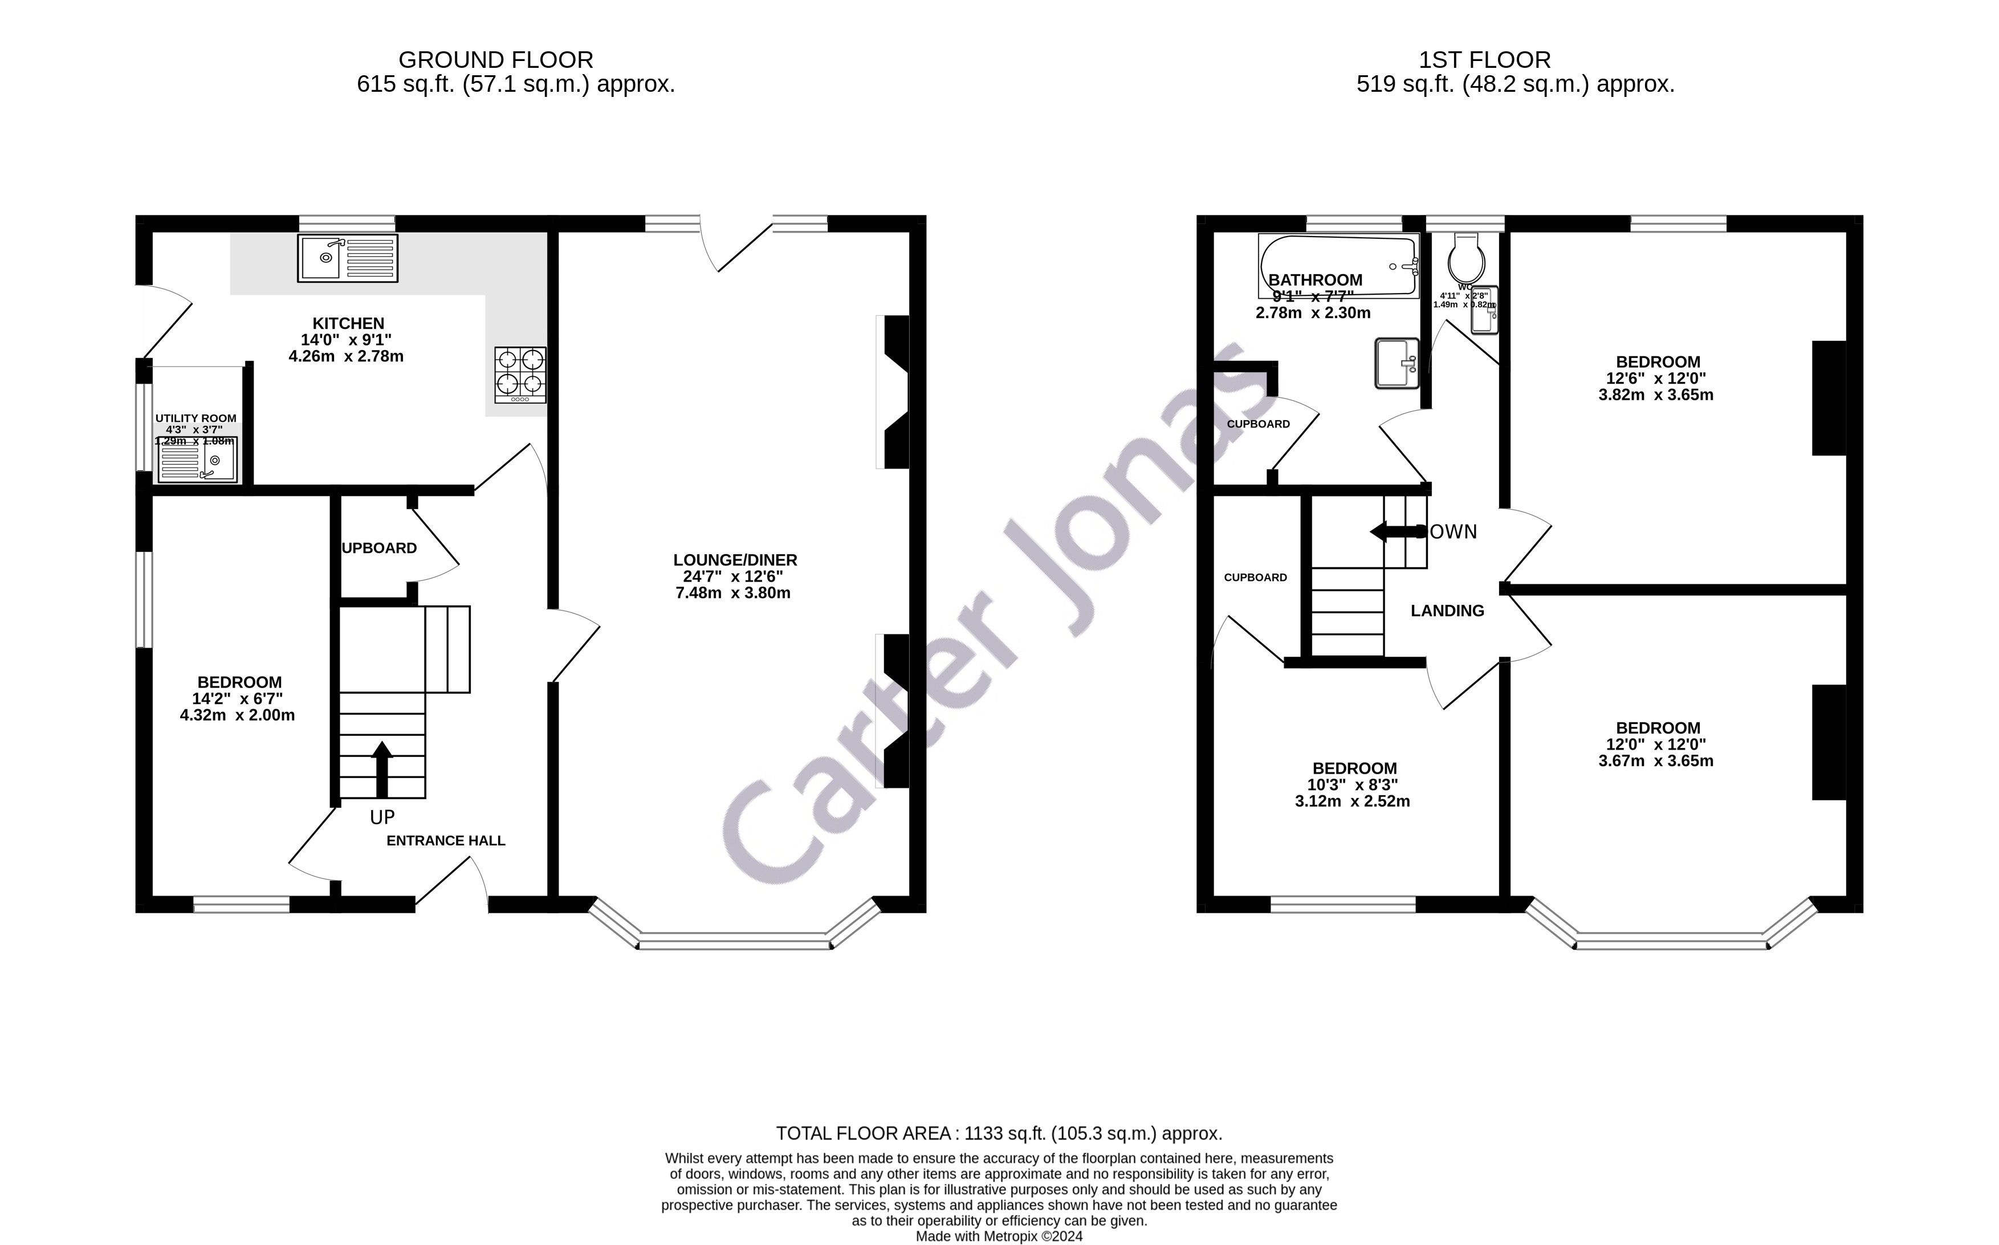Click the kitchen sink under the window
click(348, 258)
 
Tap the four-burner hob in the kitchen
click(519, 375)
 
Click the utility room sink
click(198, 459)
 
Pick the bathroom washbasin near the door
click(1397, 363)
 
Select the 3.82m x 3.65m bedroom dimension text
click(1656, 395)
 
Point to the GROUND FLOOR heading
click(496, 60)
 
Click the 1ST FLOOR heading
click(1484, 60)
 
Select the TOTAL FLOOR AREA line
click(999, 1134)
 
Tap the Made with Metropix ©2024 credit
click(999, 1236)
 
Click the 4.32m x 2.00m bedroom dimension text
click(237, 715)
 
